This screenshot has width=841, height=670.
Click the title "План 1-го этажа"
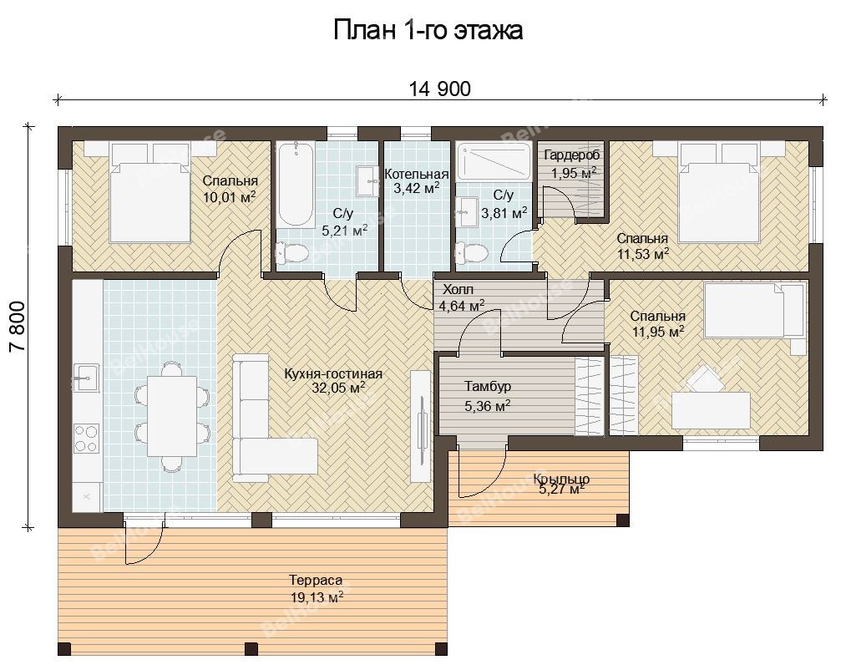point(428,30)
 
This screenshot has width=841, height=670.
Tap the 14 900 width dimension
point(440,89)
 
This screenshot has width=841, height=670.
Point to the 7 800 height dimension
point(17,327)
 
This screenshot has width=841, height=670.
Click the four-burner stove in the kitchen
point(86,439)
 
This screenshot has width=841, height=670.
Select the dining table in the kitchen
point(172,416)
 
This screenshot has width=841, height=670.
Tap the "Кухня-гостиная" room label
point(333,374)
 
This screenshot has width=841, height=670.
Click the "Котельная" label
point(417,175)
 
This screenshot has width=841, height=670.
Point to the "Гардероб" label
point(572,155)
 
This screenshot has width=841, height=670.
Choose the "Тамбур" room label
point(488,386)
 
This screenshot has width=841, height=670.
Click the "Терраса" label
point(316,581)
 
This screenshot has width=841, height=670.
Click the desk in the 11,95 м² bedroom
point(711,410)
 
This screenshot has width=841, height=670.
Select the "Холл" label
point(458,290)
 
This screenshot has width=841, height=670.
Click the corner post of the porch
point(623,520)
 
